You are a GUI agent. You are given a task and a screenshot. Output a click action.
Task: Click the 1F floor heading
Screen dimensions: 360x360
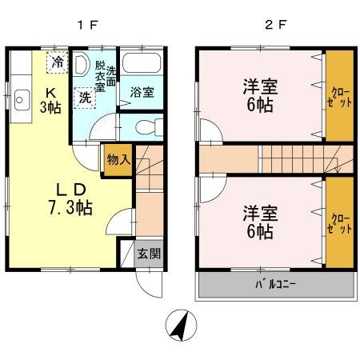[x=88, y=26]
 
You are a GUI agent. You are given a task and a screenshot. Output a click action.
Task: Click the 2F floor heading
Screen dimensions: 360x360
[x=276, y=26]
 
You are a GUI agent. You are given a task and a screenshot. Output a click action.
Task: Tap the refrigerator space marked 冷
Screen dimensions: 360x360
[x=58, y=62]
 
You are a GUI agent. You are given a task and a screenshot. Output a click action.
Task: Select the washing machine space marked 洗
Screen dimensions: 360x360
[x=85, y=98]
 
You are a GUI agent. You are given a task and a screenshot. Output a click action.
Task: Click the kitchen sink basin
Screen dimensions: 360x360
[x=22, y=100]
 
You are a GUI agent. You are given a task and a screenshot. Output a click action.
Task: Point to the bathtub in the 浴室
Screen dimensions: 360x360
[x=142, y=62]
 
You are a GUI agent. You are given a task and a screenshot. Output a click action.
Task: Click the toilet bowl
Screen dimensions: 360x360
[x=146, y=127]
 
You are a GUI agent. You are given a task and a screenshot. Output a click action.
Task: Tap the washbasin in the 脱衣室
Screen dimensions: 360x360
[x=82, y=64]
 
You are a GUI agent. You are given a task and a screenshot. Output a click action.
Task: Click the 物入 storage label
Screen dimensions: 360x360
[x=118, y=160]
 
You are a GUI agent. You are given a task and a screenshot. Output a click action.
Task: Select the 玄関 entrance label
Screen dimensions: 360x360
[x=149, y=254]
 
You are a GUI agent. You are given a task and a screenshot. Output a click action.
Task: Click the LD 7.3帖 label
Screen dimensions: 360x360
[x=70, y=199]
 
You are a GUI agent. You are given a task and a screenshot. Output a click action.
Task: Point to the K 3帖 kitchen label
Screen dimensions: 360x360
[x=50, y=101]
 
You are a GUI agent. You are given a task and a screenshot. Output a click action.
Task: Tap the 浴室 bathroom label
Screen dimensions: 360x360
[x=142, y=92]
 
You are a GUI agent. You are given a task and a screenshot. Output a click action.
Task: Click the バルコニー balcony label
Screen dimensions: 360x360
[x=275, y=285]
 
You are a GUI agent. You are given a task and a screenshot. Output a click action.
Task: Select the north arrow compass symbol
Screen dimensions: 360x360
[x=181, y=325]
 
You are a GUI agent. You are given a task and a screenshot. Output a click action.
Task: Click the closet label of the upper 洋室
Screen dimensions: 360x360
[x=339, y=97]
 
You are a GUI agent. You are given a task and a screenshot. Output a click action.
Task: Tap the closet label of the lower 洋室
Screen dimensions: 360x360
[x=339, y=224]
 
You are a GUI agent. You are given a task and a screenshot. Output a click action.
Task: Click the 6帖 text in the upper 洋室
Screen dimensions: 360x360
[x=260, y=105]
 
